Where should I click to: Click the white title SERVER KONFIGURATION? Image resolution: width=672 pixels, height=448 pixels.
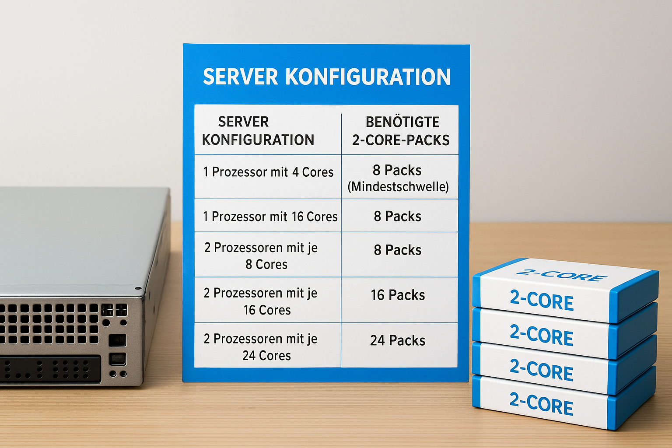click(x=327, y=77)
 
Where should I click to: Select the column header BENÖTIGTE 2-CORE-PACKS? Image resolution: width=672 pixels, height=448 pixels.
click(x=401, y=131)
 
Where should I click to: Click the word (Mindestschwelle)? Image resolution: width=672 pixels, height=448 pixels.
click(x=398, y=187)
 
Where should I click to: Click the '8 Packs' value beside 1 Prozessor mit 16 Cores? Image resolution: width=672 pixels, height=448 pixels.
click(x=398, y=217)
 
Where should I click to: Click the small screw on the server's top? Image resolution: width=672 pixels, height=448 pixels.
click(x=138, y=288)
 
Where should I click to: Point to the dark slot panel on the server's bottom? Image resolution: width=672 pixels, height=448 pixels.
click(x=50, y=369)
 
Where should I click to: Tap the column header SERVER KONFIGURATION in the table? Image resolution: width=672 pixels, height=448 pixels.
click(x=258, y=131)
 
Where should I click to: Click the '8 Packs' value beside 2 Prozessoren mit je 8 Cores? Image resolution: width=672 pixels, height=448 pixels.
click(x=398, y=250)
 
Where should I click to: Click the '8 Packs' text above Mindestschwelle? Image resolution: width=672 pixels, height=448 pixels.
click(x=397, y=171)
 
